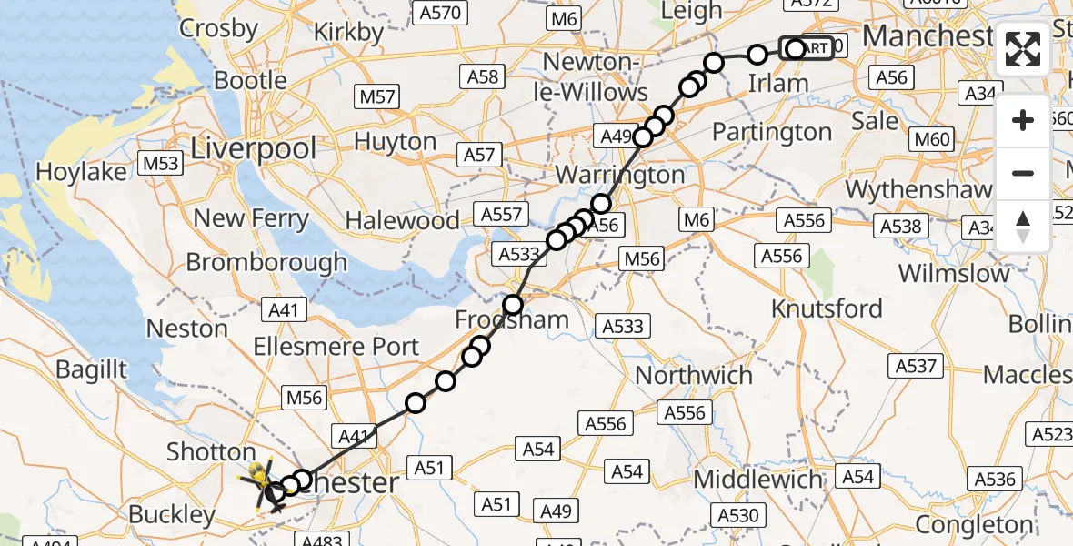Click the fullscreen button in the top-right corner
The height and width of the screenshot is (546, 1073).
(1023, 49)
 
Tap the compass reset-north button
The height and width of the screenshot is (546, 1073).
(1023, 227)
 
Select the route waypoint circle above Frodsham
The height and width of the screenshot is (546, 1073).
(514, 304)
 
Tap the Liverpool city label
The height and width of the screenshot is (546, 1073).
(254, 148)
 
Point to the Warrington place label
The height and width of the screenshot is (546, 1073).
(619, 174)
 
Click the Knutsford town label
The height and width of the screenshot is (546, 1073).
(827, 308)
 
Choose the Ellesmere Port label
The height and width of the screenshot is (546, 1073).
(336, 347)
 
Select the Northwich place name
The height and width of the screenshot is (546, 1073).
(694, 375)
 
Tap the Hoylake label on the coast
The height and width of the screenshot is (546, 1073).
(82, 171)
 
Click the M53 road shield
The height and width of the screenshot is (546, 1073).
(161, 163)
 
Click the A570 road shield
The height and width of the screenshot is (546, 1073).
(440, 13)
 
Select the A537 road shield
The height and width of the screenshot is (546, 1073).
(916, 366)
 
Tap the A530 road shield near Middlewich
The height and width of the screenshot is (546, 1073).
(737, 516)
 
